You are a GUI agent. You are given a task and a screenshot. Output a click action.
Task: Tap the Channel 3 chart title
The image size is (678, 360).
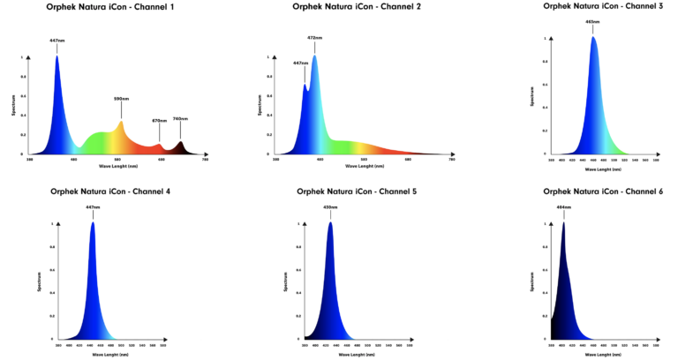[603, 5]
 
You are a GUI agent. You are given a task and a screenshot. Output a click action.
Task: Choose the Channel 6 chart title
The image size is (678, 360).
[603, 191]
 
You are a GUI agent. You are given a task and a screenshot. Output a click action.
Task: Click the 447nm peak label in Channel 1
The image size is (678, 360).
[57, 41]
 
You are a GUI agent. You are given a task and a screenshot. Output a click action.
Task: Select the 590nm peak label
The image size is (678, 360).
[122, 100]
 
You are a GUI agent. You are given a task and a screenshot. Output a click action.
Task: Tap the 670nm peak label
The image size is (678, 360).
[159, 121]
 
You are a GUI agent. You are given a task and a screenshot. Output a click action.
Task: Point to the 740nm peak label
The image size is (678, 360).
[180, 119]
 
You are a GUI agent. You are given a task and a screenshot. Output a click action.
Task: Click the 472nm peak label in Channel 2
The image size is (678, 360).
[314, 38]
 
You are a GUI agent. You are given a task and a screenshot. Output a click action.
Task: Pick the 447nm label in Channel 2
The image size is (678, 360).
[300, 63]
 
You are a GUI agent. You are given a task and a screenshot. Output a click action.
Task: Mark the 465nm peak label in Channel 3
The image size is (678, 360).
[592, 21]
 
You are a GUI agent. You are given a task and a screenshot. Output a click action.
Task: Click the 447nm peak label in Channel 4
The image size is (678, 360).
[92, 206]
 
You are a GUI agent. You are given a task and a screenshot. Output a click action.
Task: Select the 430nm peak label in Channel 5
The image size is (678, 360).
[330, 206]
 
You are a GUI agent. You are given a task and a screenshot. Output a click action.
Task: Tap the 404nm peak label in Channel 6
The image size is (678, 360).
[563, 206]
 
